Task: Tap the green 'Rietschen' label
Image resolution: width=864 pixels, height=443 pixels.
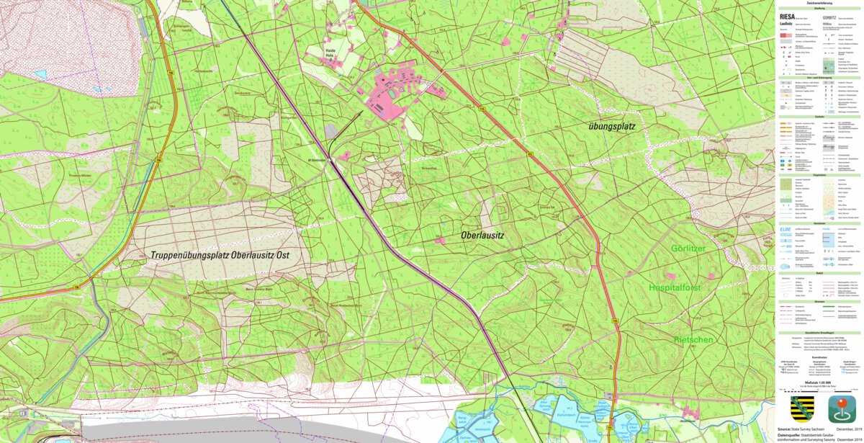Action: click(x=693, y=339)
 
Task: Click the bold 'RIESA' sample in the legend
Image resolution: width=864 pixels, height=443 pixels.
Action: click(x=787, y=16)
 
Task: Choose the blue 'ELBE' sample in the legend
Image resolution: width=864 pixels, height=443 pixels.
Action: click(x=786, y=230)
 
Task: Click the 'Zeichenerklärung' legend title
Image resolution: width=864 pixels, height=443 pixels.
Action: click(x=819, y=3)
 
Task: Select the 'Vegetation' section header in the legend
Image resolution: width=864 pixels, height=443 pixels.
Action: click(x=819, y=175)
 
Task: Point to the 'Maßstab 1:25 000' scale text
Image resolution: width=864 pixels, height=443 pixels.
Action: click(x=819, y=382)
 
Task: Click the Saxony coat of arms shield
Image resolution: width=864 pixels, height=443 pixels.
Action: click(x=801, y=409)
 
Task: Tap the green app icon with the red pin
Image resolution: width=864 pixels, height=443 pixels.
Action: click(x=841, y=409)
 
